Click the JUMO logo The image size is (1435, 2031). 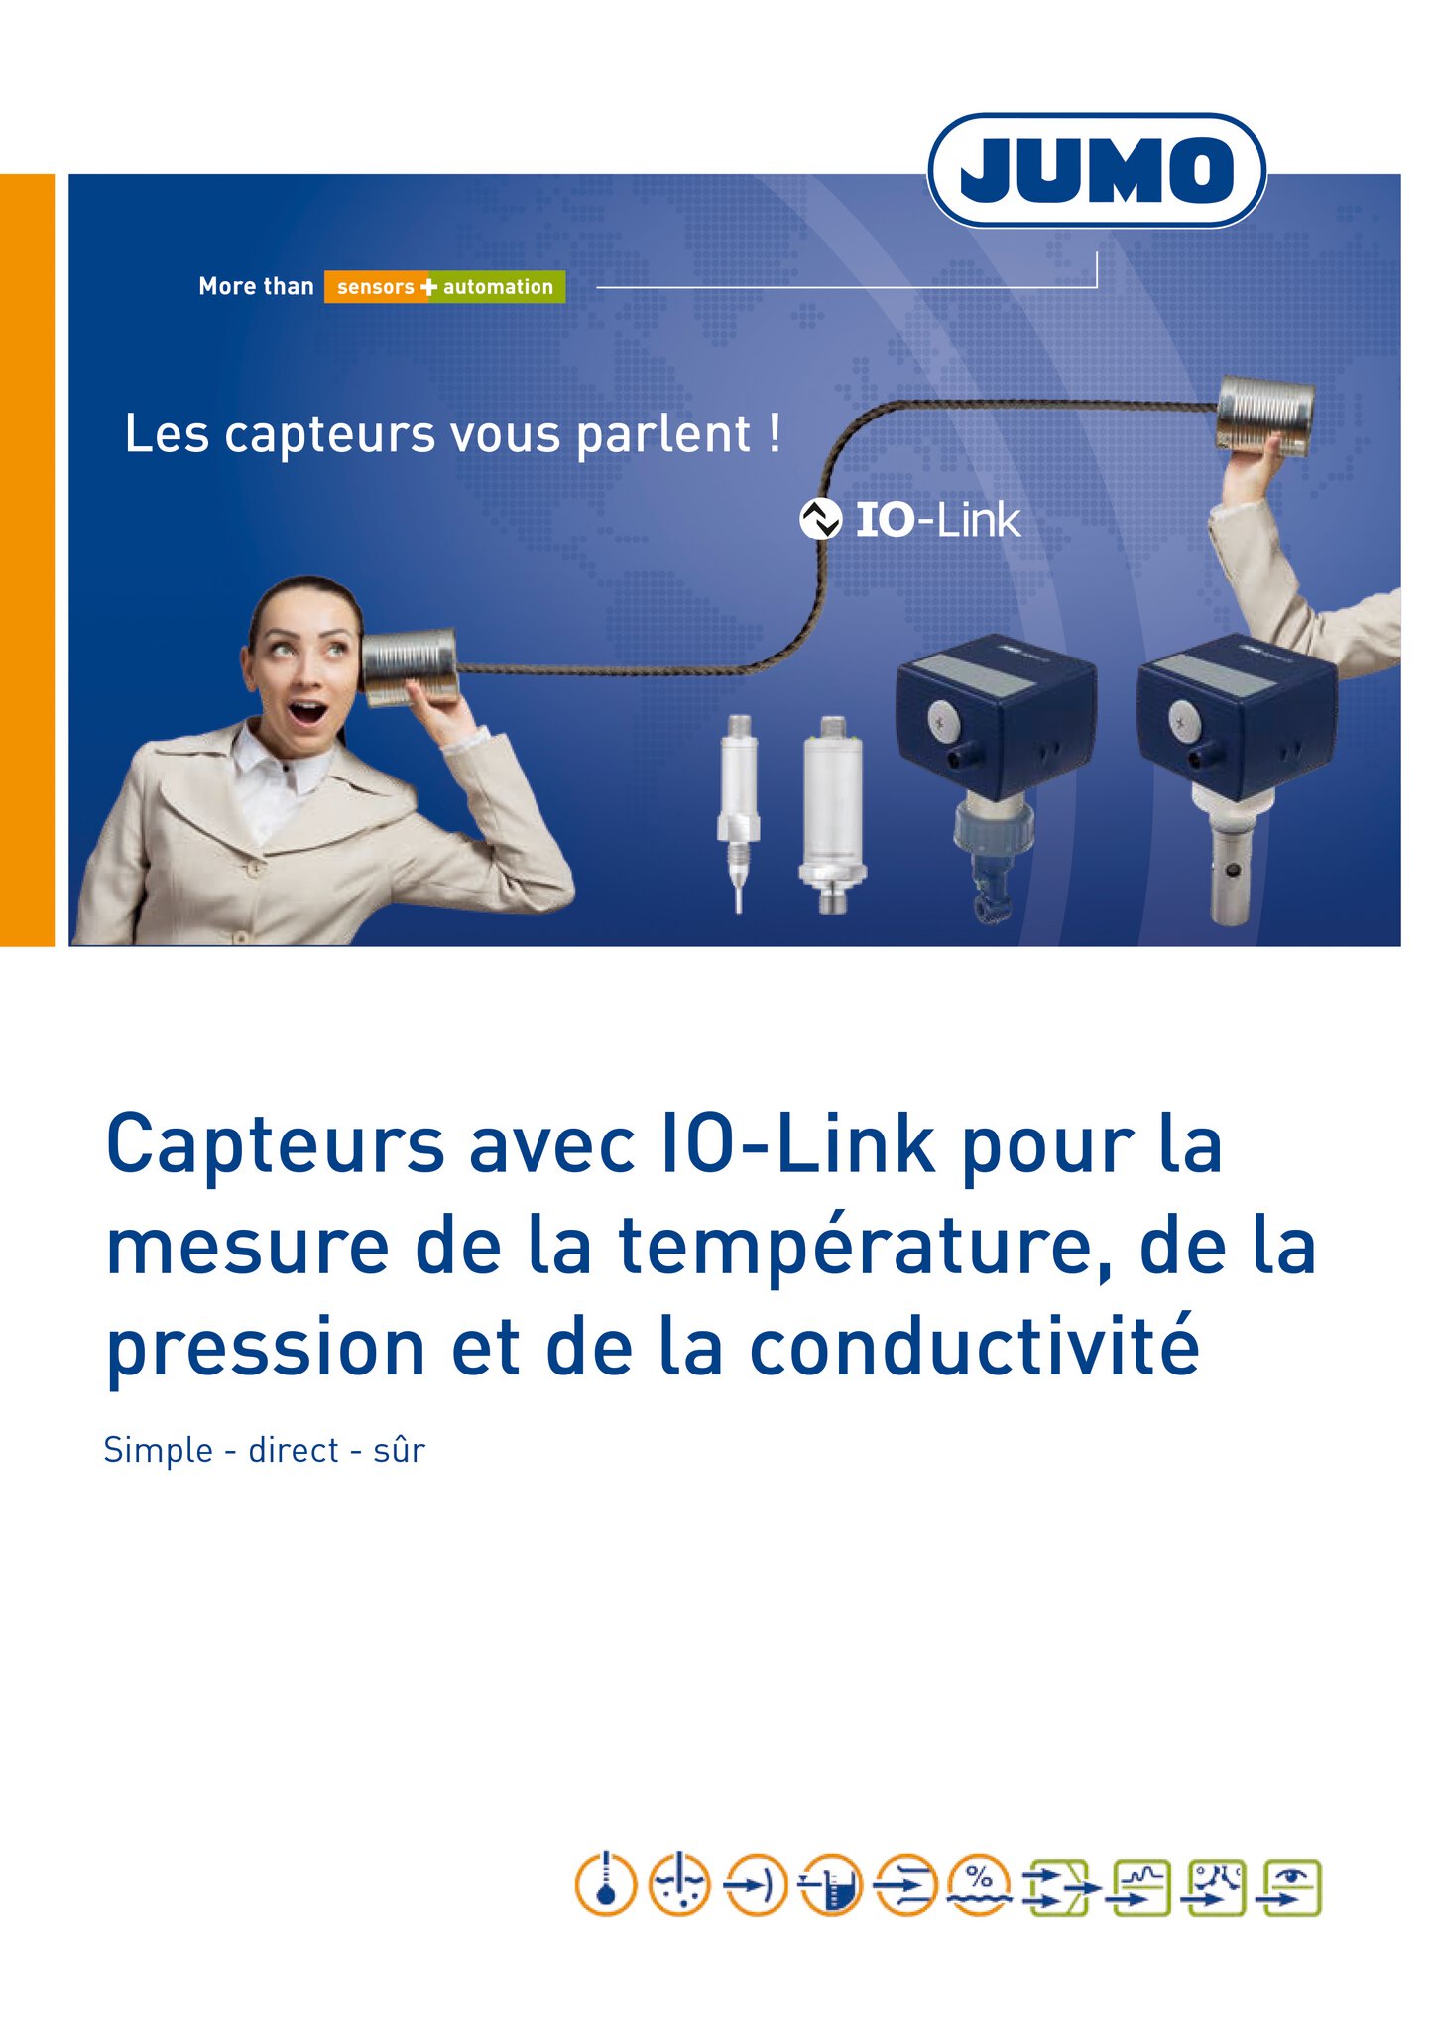pyautogui.click(x=1096, y=171)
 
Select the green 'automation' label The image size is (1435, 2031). pyautogui.click(x=499, y=287)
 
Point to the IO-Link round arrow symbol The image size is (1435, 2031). pyautogui.click(x=820, y=519)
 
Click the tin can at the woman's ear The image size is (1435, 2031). pyautogui.click(x=409, y=665)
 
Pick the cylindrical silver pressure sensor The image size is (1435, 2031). pyautogui.click(x=832, y=814)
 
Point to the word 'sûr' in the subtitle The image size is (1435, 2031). pyautogui.click(x=399, y=1450)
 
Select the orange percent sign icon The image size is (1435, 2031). pyautogui.click(x=980, y=1884)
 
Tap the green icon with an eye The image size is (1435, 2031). pyautogui.click(x=1290, y=1887)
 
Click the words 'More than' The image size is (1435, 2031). pyautogui.click(x=256, y=286)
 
